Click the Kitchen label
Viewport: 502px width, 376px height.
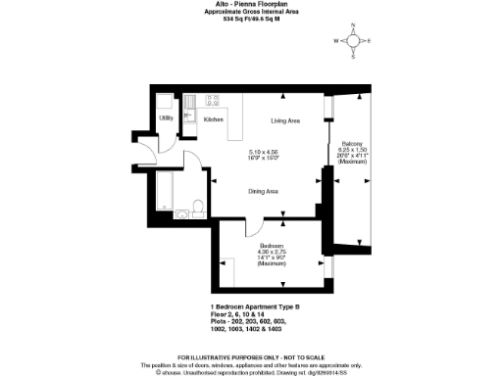pyautogui.click(x=213, y=119)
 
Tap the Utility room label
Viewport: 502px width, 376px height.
pyautogui.click(x=166, y=117)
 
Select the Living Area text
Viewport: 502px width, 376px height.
pyautogui.click(x=285, y=119)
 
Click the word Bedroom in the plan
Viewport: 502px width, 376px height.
pyautogui.click(x=271, y=245)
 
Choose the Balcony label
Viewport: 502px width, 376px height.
pyautogui.click(x=352, y=144)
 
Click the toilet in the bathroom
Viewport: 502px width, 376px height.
pyautogui.click(x=197, y=207)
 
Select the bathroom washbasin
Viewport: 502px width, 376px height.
pyautogui.click(x=181, y=212)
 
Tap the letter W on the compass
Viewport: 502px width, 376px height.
pyautogui.click(x=336, y=41)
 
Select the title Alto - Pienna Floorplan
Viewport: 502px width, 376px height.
pyautogui.click(x=252, y=5)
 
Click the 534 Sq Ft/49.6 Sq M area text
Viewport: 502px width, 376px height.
pyautogui.click(x=252, y=19)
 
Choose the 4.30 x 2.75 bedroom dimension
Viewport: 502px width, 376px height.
pyautogui.click(x=271, y=253)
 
